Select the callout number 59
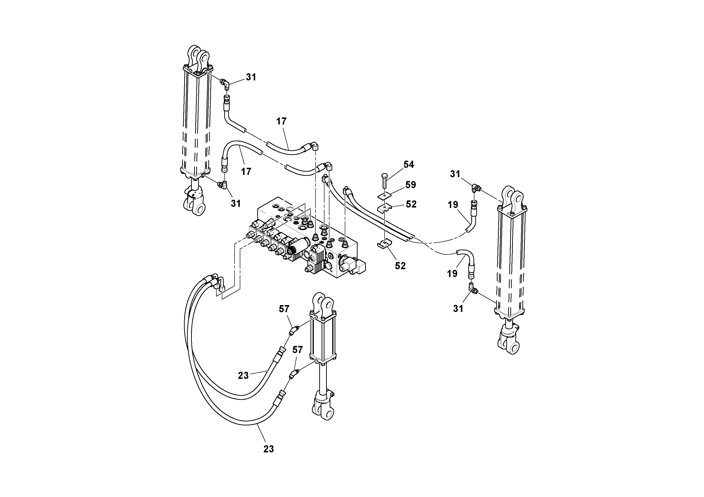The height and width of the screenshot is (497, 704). coord(411,185)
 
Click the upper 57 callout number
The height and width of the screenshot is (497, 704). coord(284,309)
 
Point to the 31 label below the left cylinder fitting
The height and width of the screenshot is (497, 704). coord(236,203)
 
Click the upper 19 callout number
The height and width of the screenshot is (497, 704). coord(453,205)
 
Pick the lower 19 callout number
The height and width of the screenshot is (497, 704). coord(452,274)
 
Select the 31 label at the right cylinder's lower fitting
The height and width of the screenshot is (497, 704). coord(458,309)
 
